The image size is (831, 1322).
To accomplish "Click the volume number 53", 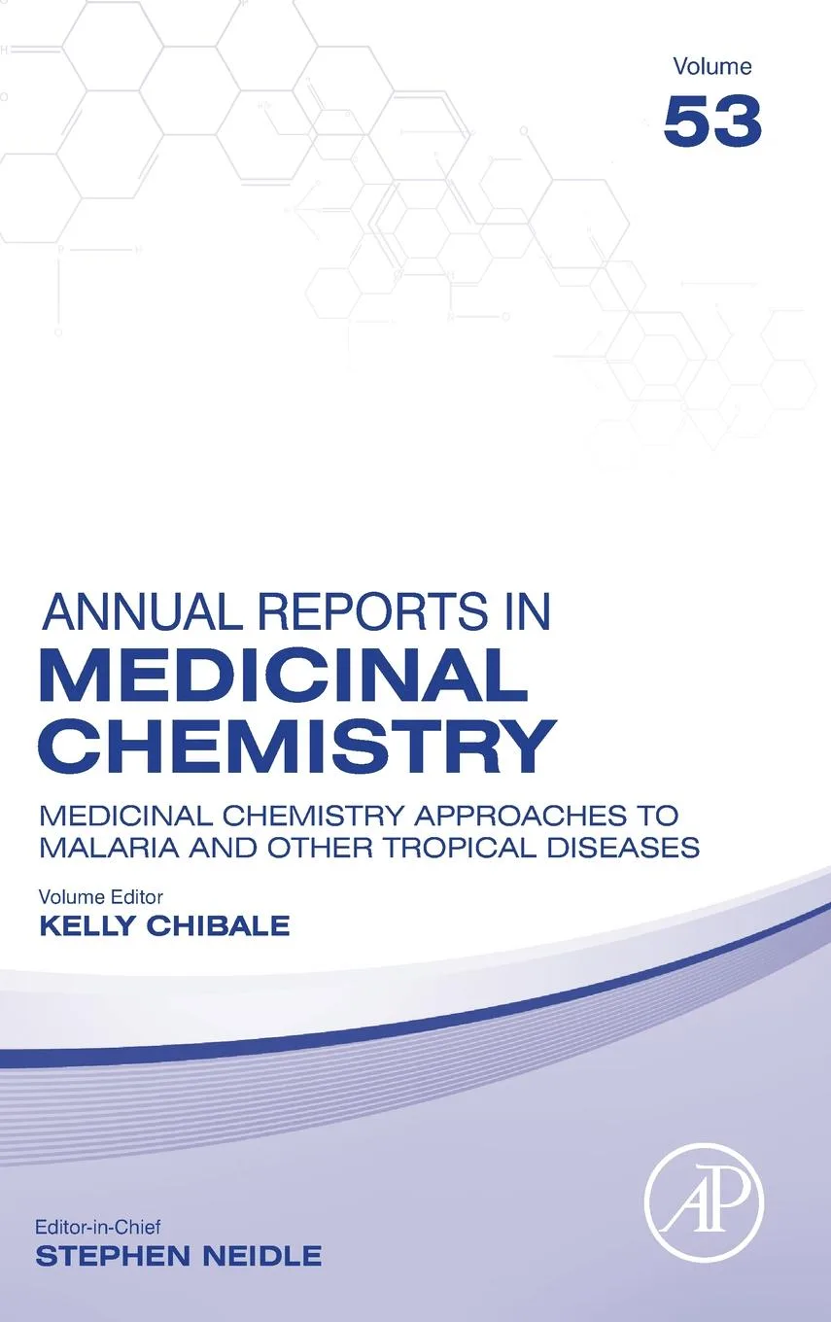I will pos(712,122).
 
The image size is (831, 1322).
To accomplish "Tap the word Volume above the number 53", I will pos(712,67).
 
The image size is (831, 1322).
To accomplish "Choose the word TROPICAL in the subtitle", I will pos(456,848).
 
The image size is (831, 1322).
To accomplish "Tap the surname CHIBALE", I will pos(219,925).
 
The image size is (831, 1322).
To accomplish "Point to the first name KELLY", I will pos(85,925).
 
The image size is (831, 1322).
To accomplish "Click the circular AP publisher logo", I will pos(705,1202).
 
